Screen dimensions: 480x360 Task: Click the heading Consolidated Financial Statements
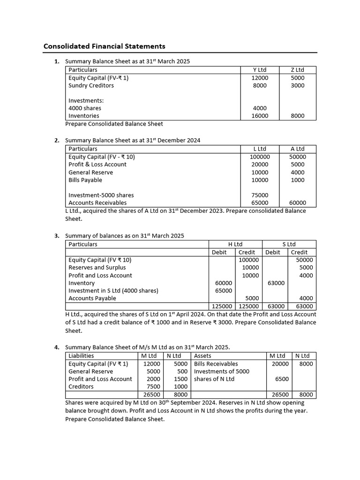(x=104, y=46)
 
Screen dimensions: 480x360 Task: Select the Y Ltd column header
(x=259, y=70)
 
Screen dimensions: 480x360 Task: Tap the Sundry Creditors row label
(x=91, y=85)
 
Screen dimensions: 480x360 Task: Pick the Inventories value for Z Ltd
(x=297, y=116)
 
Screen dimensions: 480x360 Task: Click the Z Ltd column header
(x=297, y=70)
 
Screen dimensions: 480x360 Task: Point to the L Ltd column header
(x=259, y=149)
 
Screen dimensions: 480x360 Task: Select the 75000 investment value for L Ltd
(x=260, y=195)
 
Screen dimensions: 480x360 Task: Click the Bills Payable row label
(x=85, y=180)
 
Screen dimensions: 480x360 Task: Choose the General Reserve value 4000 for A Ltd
(x=297, y=172)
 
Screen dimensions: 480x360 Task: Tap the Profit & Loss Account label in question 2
(x=97, y=164)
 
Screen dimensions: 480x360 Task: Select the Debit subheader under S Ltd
(x=272, y=252)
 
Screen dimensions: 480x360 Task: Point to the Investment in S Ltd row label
(x=113, y=291)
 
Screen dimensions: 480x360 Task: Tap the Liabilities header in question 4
(x=81, y=356)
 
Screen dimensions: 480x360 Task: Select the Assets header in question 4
(x=202, y=356)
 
